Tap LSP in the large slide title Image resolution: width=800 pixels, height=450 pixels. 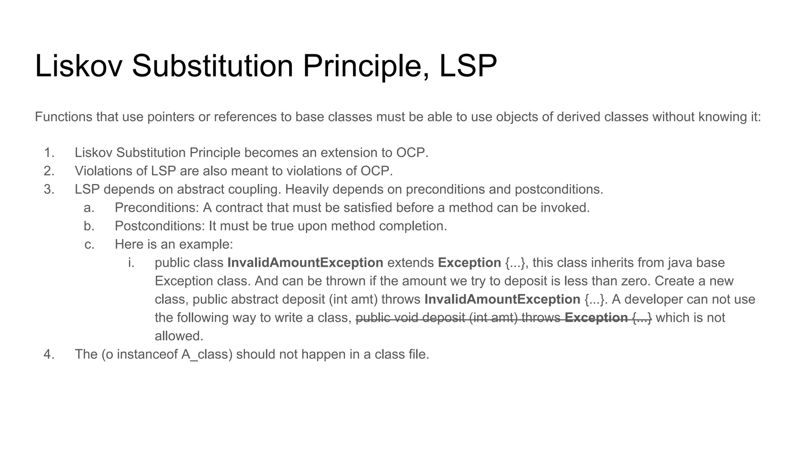[468, 66]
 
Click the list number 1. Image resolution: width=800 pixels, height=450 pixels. [49, 153]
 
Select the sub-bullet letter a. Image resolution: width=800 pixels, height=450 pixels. [89, 208]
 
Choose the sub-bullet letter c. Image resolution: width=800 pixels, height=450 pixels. [89, 245]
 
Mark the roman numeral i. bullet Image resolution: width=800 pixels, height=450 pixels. [131, 263]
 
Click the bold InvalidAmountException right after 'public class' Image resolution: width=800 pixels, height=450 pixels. [305, 263]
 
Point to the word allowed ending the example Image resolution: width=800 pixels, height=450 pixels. [179, 336]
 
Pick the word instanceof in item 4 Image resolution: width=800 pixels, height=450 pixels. [147, 354]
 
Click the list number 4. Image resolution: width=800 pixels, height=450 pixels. [49, 354]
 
